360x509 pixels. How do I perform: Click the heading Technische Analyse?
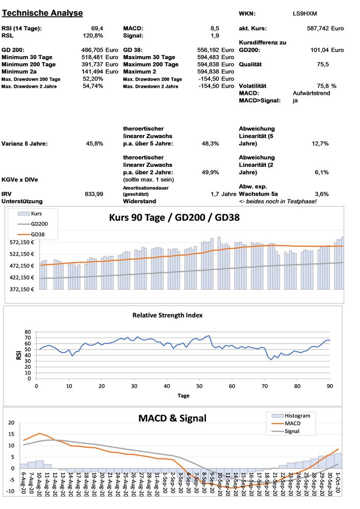[x=42, y=13]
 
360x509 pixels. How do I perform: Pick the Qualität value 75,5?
[x=322, y=65]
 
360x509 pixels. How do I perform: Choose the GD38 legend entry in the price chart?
[x=37, y=234]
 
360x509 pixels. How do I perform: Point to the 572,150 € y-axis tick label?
[x=21, y=242]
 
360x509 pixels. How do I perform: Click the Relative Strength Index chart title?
[x=168, y=315]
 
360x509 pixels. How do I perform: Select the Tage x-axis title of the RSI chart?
[x=184, y=396]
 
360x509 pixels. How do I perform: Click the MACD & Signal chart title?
[x=172, y=418]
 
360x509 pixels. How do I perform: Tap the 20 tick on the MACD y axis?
[x=11, y=423]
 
